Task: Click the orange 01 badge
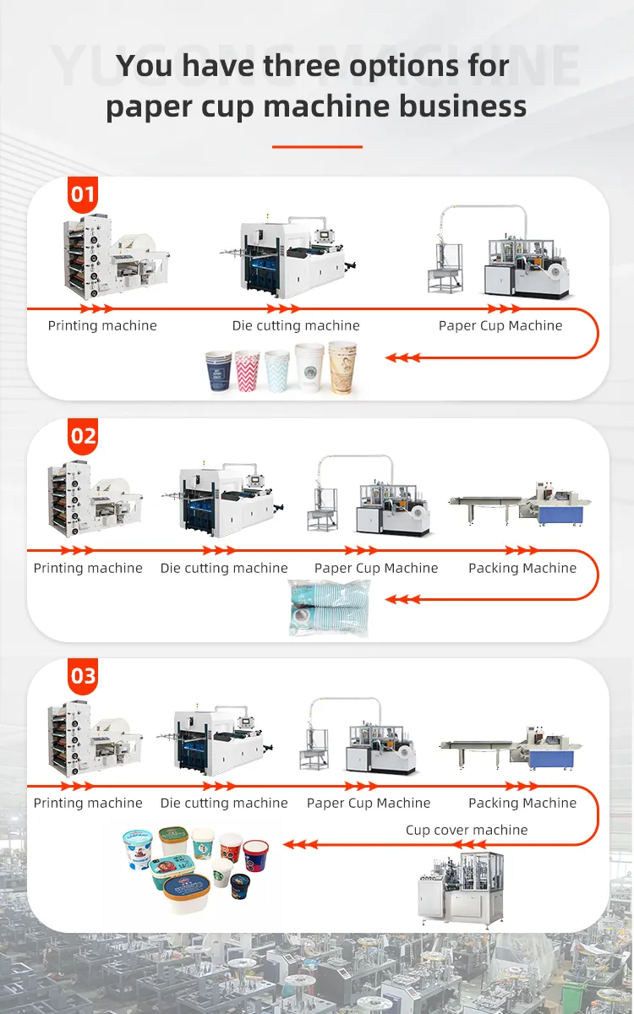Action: (83, 195)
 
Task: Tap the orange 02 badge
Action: (83, 437)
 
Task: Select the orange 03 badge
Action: (83, 677)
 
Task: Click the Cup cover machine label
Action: (467, 830)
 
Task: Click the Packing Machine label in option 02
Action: (522, 568)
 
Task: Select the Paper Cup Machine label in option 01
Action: (500, 325)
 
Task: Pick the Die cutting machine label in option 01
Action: (296, 325)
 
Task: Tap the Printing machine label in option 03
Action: (88, 803)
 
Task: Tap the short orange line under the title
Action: (317, 146)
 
